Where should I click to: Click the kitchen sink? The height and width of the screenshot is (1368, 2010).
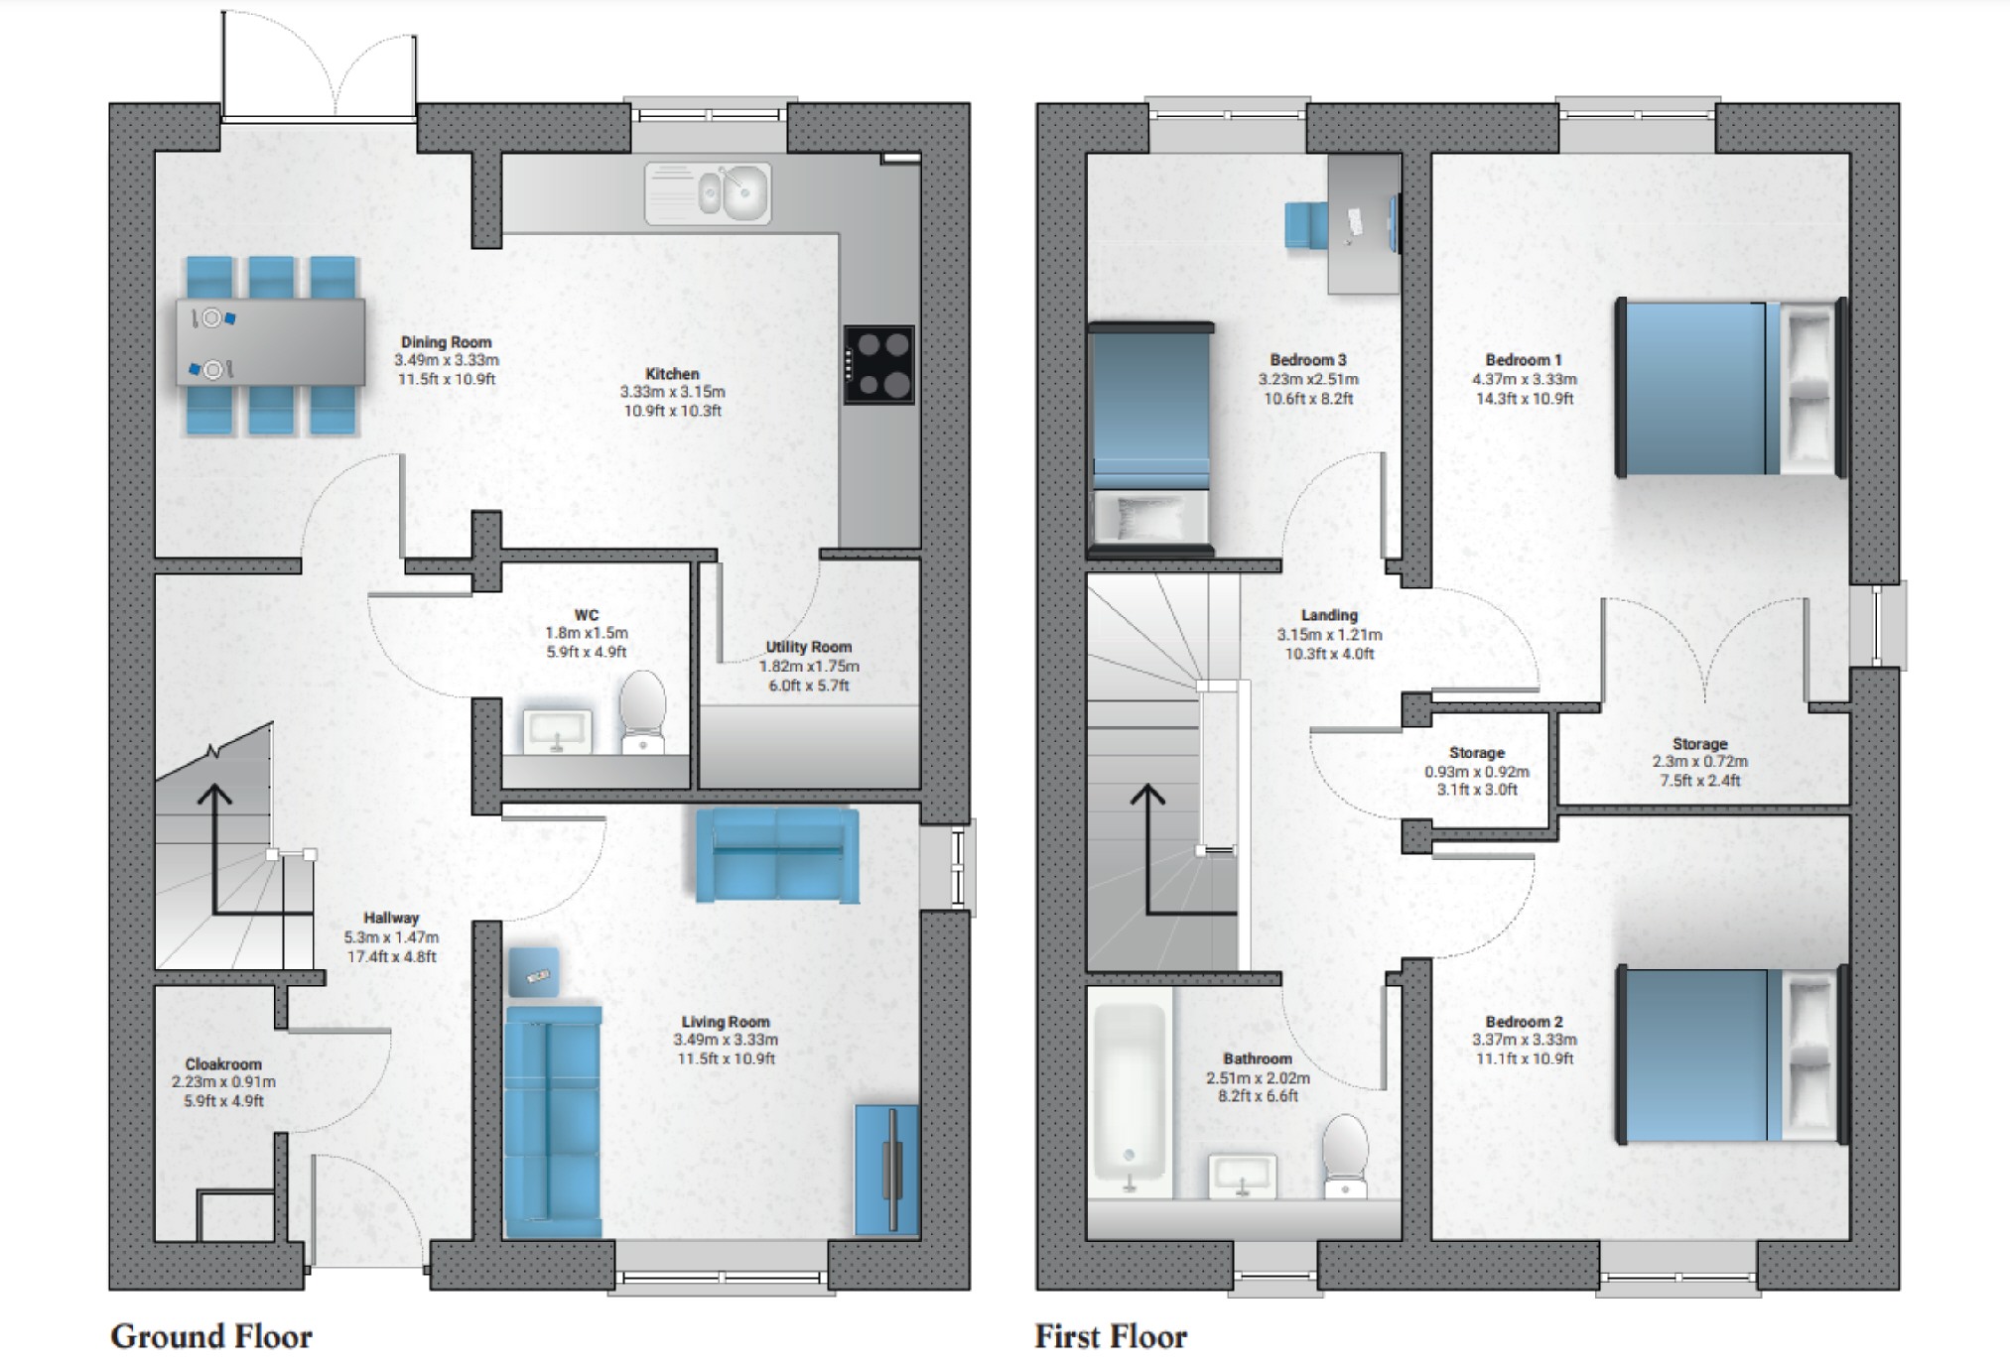tap(708, 192)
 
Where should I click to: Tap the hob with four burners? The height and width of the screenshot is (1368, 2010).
tap(878, 364)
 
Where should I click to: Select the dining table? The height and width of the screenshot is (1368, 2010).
tap(270, 342)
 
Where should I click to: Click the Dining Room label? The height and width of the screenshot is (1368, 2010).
tap(446, 342)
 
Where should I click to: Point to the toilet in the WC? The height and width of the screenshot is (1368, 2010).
tap(642, 712)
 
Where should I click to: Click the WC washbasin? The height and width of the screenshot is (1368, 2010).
tap(557, 732)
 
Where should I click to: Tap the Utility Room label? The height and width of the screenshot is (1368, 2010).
tap(808, 647)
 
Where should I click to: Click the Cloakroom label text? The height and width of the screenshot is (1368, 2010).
tap(223, 1063)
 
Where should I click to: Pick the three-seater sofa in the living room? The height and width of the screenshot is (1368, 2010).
tap(553, 1121)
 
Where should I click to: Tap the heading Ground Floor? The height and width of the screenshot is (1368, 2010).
tap(210, 1336)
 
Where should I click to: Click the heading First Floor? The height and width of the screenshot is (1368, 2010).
tap(1110, 1336)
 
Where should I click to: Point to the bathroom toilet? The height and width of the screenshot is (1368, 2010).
tap(1346, 1156)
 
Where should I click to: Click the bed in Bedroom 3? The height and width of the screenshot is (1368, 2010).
tap(1150, 436)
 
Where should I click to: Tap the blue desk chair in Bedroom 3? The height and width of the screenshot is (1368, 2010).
tap(1306, 224)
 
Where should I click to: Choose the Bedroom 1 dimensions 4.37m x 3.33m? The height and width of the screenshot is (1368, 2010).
tap(1524, 379)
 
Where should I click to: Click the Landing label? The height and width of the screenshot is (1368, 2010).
tap(1329, 615)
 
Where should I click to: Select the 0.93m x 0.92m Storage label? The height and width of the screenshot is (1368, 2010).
tap(1476, 772)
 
